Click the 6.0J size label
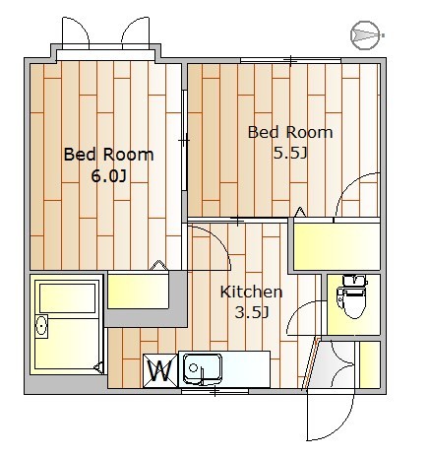pos(108,177)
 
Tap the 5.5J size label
pos(290,153)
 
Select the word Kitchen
pos(251,292)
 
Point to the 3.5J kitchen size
pos(252,312)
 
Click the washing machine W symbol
pos(160,371)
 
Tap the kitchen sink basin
pos(202,368)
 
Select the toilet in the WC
pos(352,296)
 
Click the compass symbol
pos(367,35)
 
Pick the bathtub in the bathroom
pos(67,298)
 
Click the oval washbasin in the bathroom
pos(41,326)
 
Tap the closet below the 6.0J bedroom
pos(138,292)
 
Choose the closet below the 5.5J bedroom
pos(337,246)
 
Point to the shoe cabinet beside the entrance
pos(370,364)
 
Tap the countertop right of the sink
pos(246,369)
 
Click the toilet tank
pos(355,280)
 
